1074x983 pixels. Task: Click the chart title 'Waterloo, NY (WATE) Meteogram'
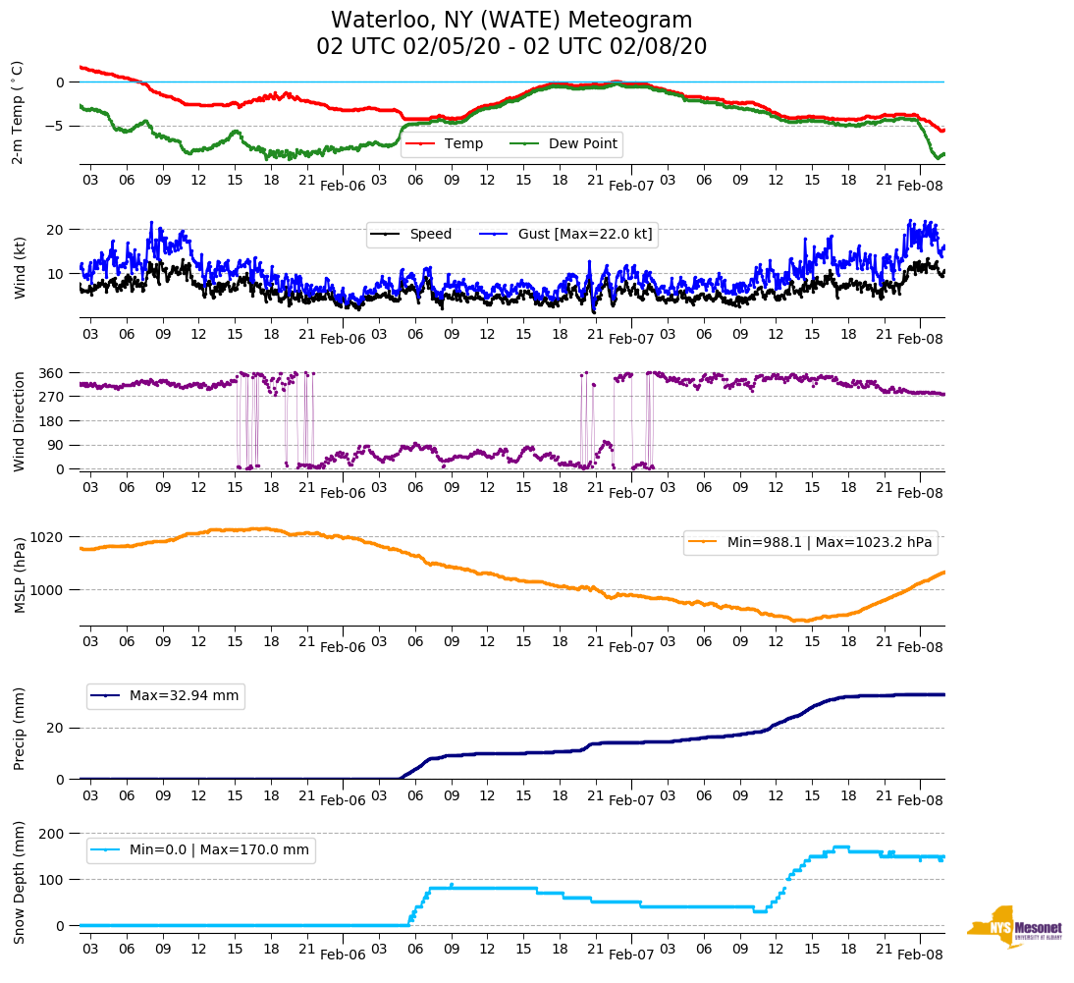tap(511, 21)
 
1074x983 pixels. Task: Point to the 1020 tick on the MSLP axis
tap(47, 537)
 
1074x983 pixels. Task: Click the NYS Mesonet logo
tap(1014, 927)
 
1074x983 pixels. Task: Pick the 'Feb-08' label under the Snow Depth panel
tap(920, 955)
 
